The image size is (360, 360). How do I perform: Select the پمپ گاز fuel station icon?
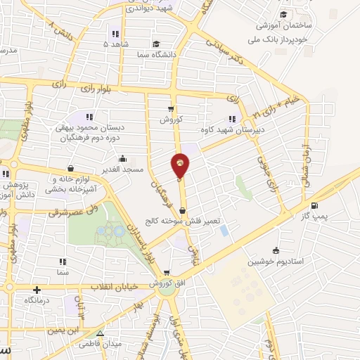[x=314, y=207]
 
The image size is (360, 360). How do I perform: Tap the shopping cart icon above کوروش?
[x=170, y=108]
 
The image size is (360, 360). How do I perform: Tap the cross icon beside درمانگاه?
[x=37, y=289]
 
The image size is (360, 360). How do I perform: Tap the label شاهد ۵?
[x=116, y=44]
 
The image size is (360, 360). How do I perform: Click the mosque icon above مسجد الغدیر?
[x=123, y=157]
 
